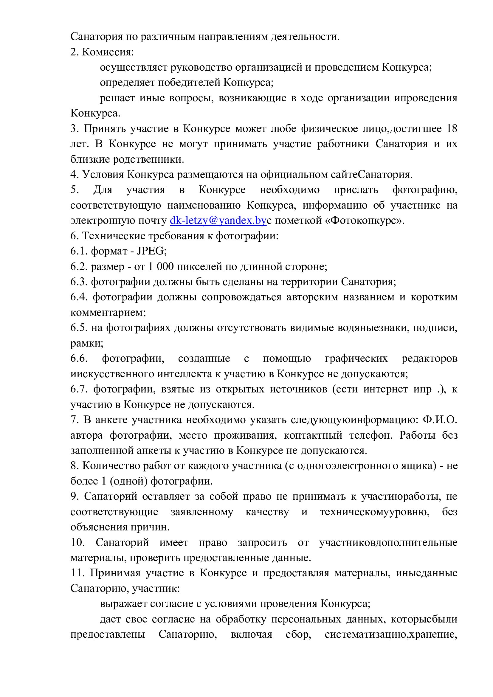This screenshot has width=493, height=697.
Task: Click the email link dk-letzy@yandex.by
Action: (218, 221)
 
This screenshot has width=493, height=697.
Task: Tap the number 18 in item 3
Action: (452, 129)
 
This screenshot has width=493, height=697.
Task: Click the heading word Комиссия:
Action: (108, 52)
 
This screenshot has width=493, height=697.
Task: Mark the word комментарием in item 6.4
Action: (108, 313)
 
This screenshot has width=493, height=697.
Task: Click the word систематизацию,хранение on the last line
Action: (391, 634)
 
